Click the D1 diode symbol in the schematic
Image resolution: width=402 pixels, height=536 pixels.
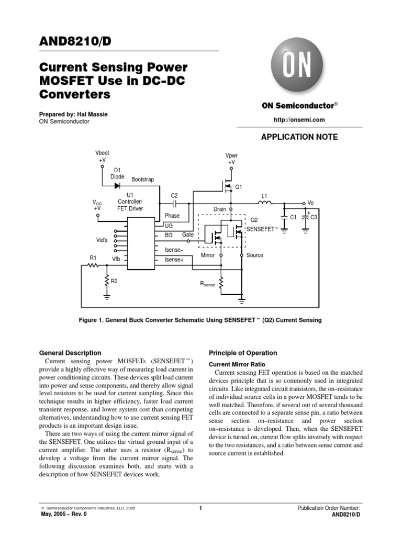click(117, 185)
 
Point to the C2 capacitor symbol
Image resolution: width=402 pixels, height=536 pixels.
click(175, 203)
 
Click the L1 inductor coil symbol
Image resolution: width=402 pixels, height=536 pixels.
click(265, 203)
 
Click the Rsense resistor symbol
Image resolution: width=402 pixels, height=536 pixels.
click(221, 284)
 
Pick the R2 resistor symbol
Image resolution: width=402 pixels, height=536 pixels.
click(107, 281)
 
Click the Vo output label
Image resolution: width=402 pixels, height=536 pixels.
click(310, 203)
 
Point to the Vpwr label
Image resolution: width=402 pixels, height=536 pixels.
click(231, 155)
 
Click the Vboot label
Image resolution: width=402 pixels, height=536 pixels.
click(102, 152)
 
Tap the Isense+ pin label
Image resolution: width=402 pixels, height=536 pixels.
click(174, 260)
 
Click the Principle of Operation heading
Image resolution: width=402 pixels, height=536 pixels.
click(243, 353)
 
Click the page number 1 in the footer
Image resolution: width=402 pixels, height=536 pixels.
click(201, 508)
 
